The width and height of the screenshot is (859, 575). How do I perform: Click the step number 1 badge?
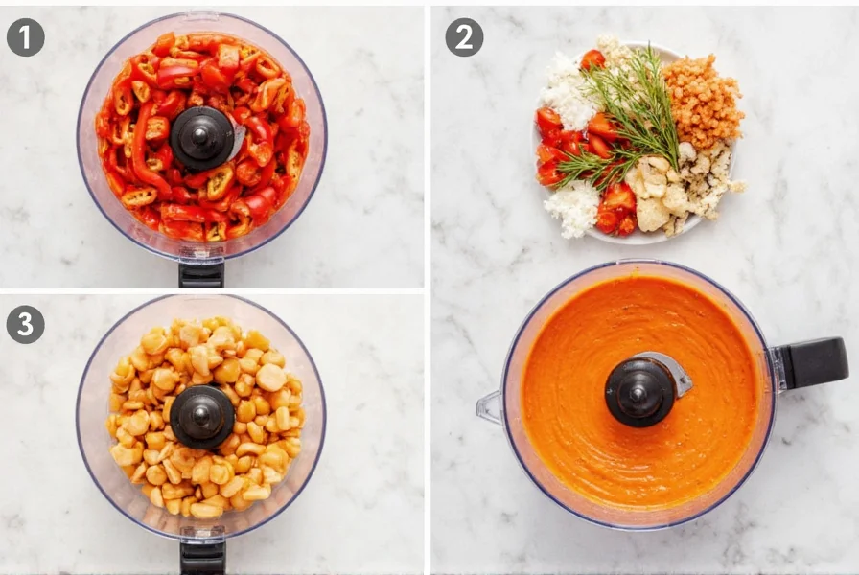(x=25, y=37)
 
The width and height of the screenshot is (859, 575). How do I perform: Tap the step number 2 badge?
(x=464, y=37)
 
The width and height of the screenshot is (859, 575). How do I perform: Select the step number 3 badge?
(x=25, y=325)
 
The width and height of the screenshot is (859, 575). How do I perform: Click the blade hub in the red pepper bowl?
(x=201, y=138)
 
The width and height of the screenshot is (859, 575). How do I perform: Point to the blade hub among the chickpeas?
(x=202, y=417)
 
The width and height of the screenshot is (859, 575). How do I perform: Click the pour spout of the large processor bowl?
(x=490, y=407)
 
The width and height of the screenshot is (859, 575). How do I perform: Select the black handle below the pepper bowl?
(x=201, y=274)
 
